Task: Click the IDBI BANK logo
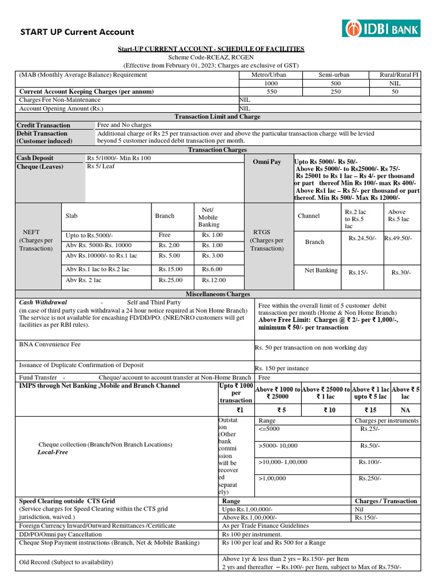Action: point(381,27)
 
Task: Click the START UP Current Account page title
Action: point(77,32)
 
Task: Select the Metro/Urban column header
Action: point(269,75)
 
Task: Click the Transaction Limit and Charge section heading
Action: point(217,117)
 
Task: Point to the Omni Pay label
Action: point(267,162)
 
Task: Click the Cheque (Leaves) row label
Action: point(40,167)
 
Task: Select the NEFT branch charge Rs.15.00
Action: point(170,269)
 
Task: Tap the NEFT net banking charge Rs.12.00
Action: point(214,280)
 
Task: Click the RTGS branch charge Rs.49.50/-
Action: point(398,237)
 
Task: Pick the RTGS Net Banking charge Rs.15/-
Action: point(358,273)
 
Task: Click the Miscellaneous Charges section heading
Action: point(217,294)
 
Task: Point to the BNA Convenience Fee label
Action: point(50,345)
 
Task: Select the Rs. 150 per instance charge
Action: point(282,369)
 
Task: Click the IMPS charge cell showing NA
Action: point(405,410)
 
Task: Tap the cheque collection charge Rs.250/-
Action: point(370,478)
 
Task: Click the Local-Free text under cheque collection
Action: point(53,452)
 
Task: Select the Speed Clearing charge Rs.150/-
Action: point(364,517)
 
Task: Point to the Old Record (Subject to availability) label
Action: point(66,563)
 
